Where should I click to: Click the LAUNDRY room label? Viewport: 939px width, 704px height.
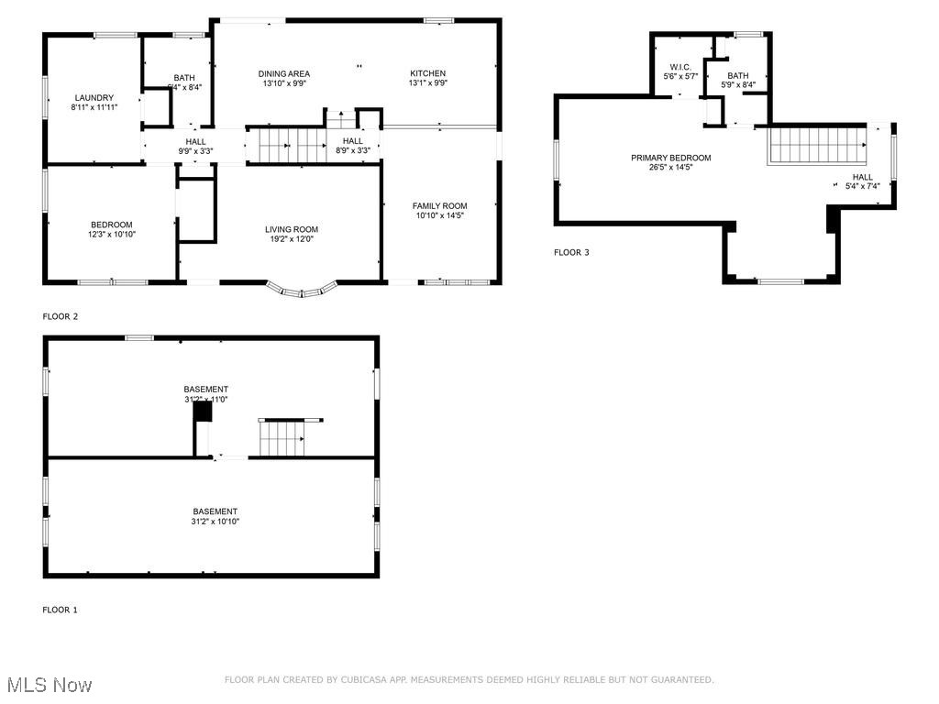point(94,97)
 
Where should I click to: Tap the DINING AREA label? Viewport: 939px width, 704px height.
point(283,73)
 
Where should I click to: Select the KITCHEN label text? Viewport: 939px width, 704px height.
point(427,73)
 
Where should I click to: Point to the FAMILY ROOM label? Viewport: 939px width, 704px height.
point(439,206)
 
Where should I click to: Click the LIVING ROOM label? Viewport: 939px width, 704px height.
point(292,229)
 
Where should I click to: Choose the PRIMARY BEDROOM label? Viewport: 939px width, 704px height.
point(670,158)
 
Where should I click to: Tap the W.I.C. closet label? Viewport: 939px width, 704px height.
point(679,67)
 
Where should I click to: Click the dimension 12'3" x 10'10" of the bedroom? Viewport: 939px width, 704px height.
point(111,235)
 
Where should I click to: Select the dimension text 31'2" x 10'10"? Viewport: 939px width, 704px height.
point(215,522)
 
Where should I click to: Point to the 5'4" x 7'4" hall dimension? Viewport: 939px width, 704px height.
point(862,187)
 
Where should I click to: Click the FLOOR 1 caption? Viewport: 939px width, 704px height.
point(61,610)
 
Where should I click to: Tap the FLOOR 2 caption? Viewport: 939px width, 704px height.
point(61,317)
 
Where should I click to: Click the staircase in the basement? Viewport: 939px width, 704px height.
point(282,438)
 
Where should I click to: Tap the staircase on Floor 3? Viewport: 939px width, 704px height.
point(817,145)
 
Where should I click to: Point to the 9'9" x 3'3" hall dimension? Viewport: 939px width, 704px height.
point(195,151)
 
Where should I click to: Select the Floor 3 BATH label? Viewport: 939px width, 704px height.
point(737,76)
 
